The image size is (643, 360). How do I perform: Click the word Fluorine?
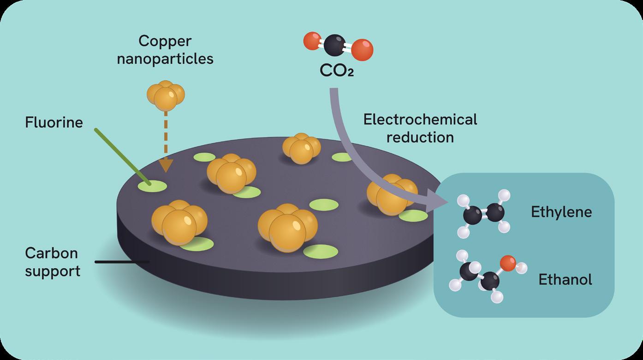pyautogui.click(x=54, y=122)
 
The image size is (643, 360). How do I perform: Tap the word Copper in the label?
pyautogui.click(x=165, y=41)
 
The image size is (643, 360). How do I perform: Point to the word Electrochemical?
pyautogui.click(x=420, y=120)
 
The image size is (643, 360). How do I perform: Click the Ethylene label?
pyautogui.click(x=561, y=212)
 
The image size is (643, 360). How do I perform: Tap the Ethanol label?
pyautogui.click(x=565, y=280)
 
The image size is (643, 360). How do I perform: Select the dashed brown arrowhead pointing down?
pyautogui.click(x=167, y=165)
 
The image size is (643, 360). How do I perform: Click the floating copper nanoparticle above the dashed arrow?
pyautogui.click(x=166, y=96)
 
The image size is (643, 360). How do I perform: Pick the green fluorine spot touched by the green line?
pyautogui.click(x=153, y=186)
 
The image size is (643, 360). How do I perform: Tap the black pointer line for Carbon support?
pyautogui.click(x=122, y=262)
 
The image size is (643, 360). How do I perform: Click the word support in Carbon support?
pyautogui.click(x=53, y=270)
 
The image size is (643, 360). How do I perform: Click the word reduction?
pyautogui.click(x=420, y=137)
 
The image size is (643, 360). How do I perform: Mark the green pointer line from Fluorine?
pyautogui.click(x=121, y=155)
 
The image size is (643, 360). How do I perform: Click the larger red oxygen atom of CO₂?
pyautogui.click(x=362, y=49)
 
